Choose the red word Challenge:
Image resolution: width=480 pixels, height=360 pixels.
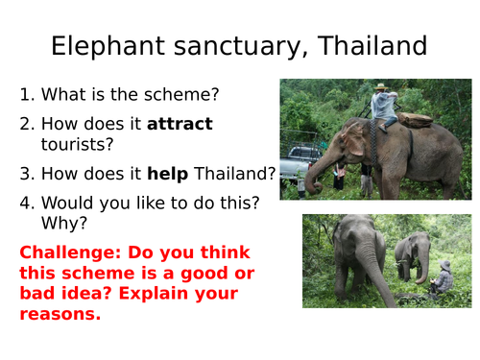[66, 253]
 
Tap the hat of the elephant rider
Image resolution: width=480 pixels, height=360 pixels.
[381, 87]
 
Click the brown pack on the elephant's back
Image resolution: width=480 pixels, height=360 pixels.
[416, 120]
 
